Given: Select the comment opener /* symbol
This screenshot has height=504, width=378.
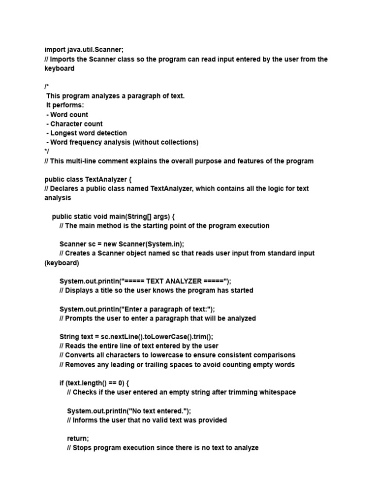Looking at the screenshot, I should (46, 87).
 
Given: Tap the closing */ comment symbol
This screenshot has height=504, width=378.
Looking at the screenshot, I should (46, 152).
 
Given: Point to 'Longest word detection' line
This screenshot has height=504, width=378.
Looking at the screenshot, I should (88, 133).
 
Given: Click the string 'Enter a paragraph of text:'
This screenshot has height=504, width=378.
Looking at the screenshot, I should (167, 309).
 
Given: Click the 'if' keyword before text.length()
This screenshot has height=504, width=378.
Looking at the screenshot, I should (62, 383).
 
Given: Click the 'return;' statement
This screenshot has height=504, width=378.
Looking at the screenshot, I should (78, 439).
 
